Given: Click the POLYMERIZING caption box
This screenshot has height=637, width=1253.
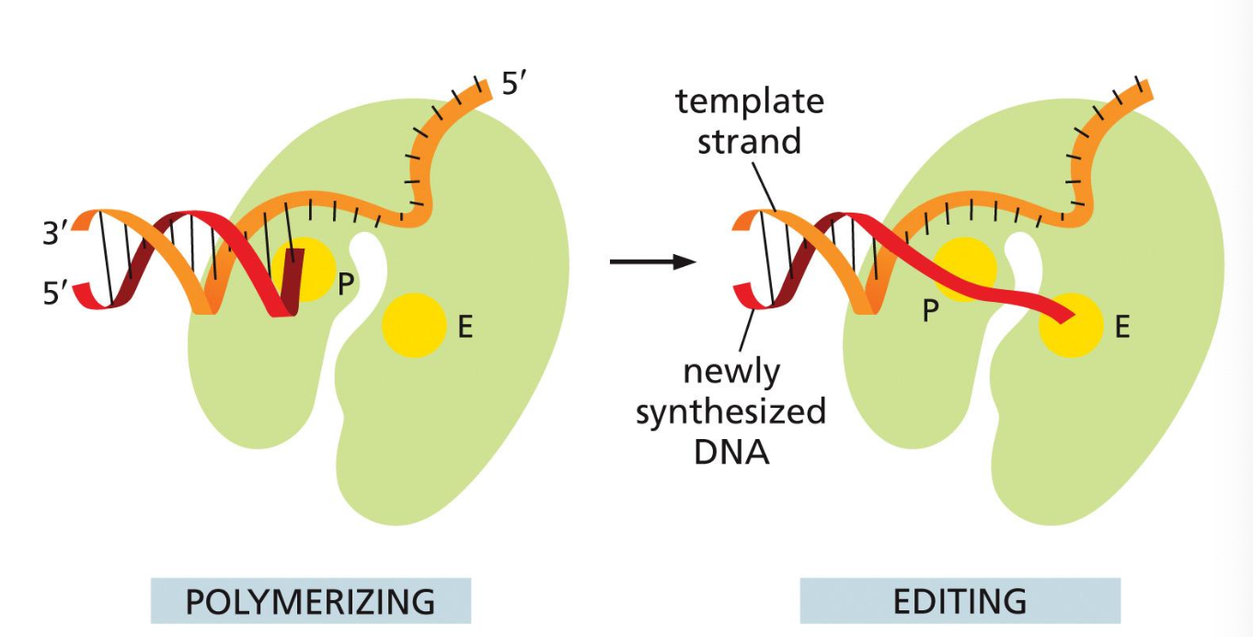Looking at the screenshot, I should (x=310, y=601).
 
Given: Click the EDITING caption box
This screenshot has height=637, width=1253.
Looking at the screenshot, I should (x=960, y=601).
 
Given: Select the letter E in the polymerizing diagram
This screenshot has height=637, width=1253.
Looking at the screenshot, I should (x=465, y=327).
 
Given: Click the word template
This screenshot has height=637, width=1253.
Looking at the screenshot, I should (x=749, y=101).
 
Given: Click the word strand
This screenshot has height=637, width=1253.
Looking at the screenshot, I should (x=749, y=141).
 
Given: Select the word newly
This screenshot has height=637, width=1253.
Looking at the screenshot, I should (x=731, y=372).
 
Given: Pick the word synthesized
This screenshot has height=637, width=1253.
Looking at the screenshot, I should (x=730, y=411).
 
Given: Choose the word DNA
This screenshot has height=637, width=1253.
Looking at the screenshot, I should (x=730, y=452).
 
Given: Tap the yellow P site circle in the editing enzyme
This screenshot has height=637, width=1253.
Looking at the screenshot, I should (x=966, y=267).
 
